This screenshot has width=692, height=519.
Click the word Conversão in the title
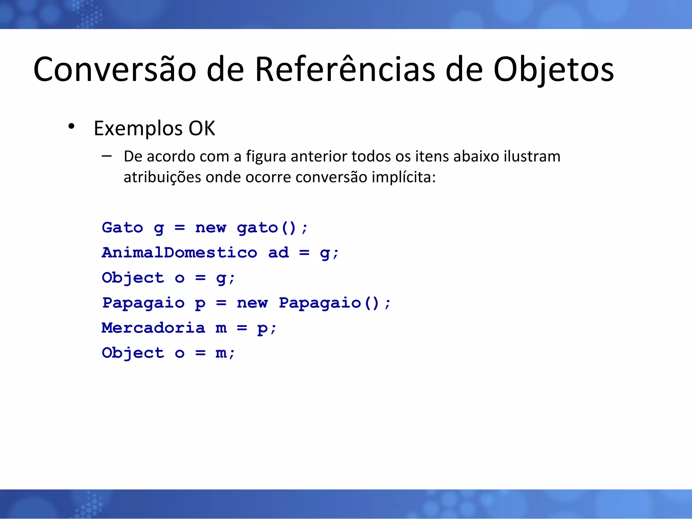115,69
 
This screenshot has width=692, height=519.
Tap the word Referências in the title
345,69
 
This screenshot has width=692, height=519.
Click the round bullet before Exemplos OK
71,126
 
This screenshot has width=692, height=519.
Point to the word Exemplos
138,129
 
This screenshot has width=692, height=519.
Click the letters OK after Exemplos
202,128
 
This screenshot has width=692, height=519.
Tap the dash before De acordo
106,156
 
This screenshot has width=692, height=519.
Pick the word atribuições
162,177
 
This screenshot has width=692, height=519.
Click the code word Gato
122,227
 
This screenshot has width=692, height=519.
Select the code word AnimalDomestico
179,253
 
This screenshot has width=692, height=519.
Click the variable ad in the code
278,253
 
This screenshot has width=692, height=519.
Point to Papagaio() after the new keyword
329,303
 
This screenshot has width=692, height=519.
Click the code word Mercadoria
153,328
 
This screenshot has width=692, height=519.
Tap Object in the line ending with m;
133,353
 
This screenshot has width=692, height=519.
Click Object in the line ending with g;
133,278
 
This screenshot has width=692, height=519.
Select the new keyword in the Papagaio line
252,303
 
